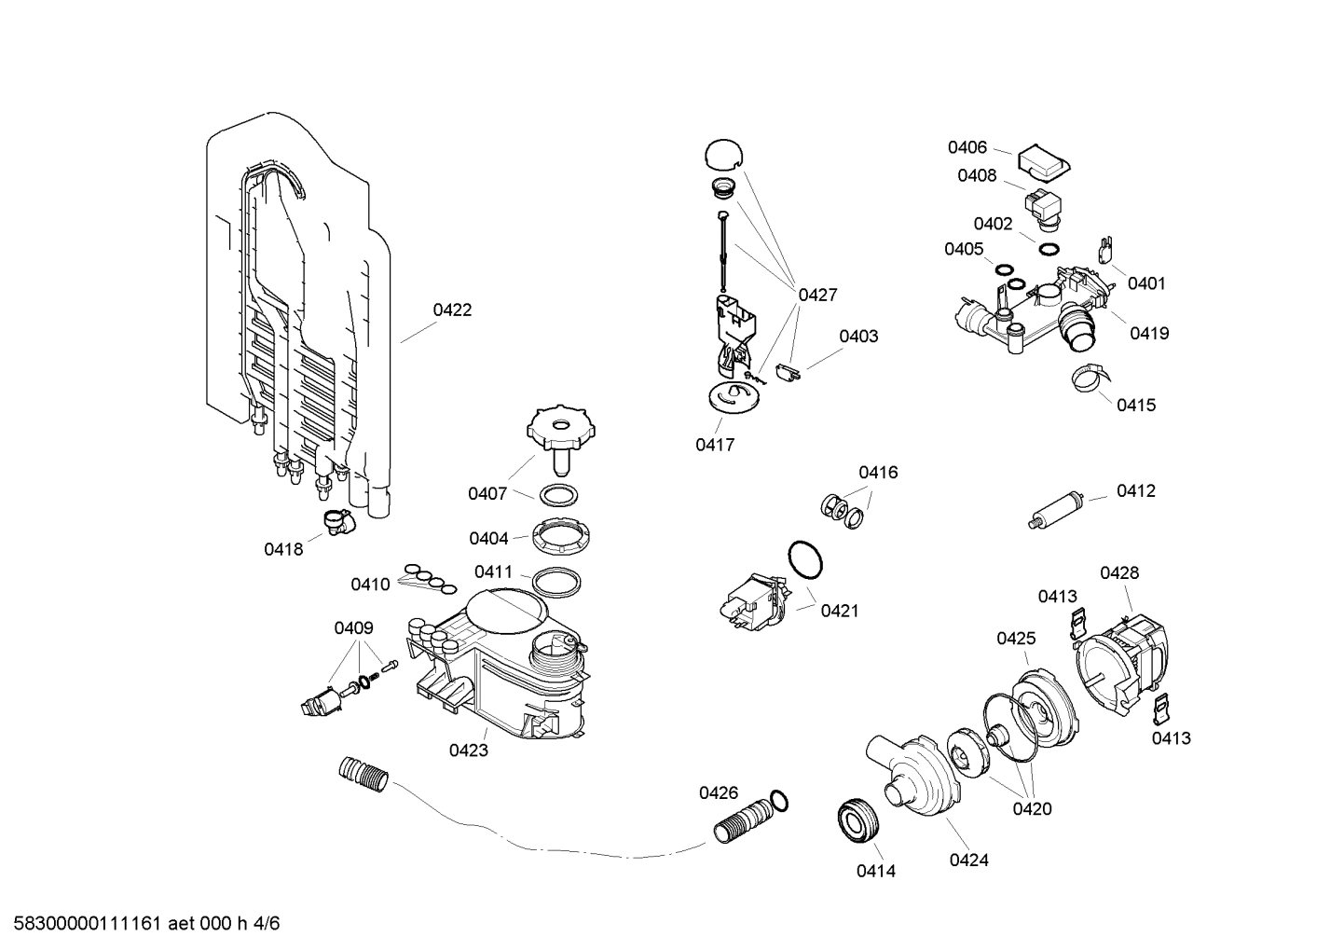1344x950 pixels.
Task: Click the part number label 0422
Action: click(452, 310)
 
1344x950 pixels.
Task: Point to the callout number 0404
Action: click(488, 539)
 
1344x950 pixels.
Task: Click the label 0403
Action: click(857, 337)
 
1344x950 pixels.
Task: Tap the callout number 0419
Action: click(1148, 334)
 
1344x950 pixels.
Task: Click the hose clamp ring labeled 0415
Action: click(1090, 379)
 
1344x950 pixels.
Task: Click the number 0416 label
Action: click(878, 473)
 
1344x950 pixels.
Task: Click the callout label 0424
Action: click(968, 861)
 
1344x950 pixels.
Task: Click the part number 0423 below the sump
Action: click(468, 750)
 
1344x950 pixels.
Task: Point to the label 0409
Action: click(353, 628)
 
